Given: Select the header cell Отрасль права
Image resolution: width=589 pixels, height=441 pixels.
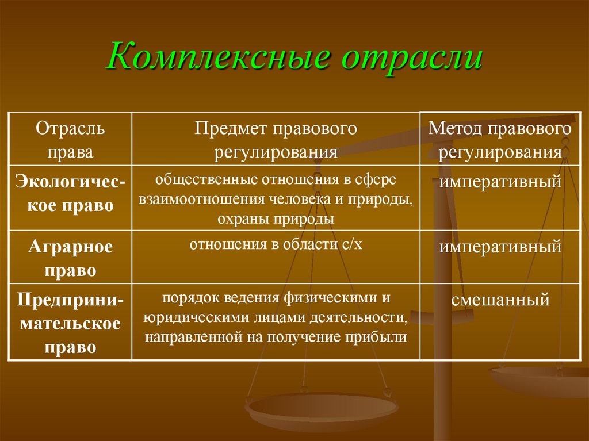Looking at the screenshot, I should pos(70,140).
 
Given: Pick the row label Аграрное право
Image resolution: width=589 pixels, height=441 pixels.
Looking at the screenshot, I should pos(70,258).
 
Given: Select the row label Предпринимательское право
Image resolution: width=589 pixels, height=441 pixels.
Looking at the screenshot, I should pos(70,323).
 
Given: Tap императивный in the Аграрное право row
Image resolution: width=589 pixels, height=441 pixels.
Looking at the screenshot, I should pos(500,247).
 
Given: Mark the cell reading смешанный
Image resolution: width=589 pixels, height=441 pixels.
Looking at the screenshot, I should pos(500,300).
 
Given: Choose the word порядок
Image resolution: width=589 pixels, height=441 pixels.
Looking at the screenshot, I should pos(184,298).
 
